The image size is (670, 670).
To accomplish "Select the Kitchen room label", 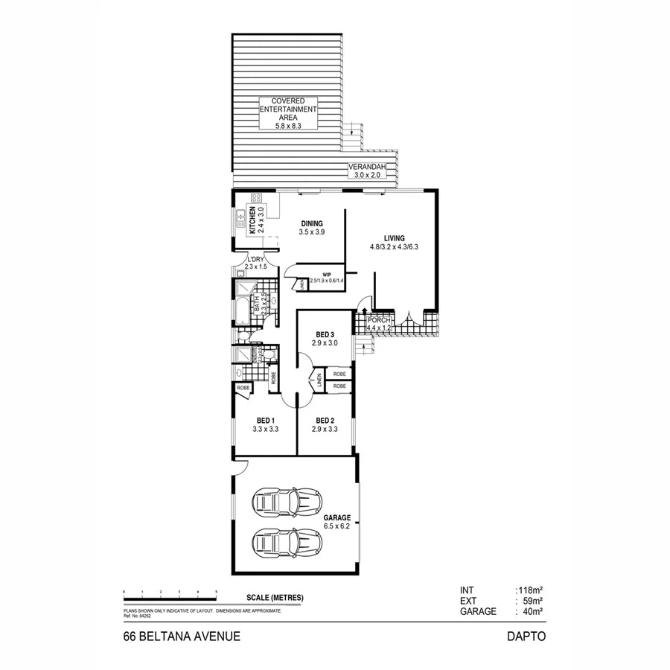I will [252, 221].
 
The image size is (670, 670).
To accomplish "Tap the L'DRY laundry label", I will [257, 262].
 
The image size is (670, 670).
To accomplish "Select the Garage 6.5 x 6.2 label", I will [336, 521].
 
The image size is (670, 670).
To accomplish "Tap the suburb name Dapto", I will [526, 636].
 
